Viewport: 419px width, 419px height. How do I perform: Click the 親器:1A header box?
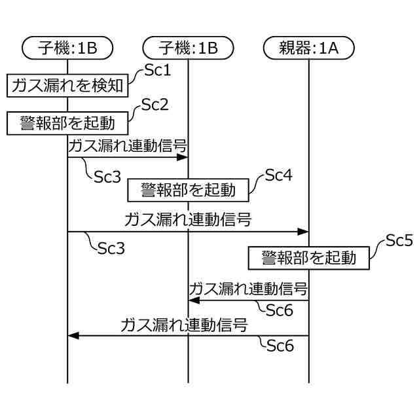pyautogui.click(x=308, y=47)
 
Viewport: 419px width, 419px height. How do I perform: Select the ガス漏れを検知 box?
pyautogui.click(x=67, y=86)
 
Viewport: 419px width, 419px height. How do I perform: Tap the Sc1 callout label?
pyautogui.click(x=156, y=69)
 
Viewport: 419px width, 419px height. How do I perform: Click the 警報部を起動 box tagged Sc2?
pyautogui.click(x=67, y=122)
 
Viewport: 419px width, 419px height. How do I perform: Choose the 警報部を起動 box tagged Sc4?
pyautogui.click(x=188, y=190)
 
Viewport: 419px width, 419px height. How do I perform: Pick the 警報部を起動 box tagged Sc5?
pyautogui.click(x=308, y=257)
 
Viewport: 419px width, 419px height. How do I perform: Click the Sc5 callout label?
pyautogui.click(x=399, y=241)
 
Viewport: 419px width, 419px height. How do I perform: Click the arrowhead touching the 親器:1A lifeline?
pyautogui.click(x=303, y=231)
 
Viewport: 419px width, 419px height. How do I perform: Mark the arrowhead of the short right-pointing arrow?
pyautogui.click(x=183, y=158)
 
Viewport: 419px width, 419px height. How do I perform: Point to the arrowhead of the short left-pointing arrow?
pyautogui.click(x=194, y=300)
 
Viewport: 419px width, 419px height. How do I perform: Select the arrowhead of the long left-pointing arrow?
pyautogui.click(x=73, y=335)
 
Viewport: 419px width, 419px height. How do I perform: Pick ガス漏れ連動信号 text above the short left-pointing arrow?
pyautogui.click(x=248, y=288)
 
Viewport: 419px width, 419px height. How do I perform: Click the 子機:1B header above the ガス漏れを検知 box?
pyautogui.click(x=67, y=47)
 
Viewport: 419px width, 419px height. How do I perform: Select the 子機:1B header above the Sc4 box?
pyautogui.click(x=188, y=47)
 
